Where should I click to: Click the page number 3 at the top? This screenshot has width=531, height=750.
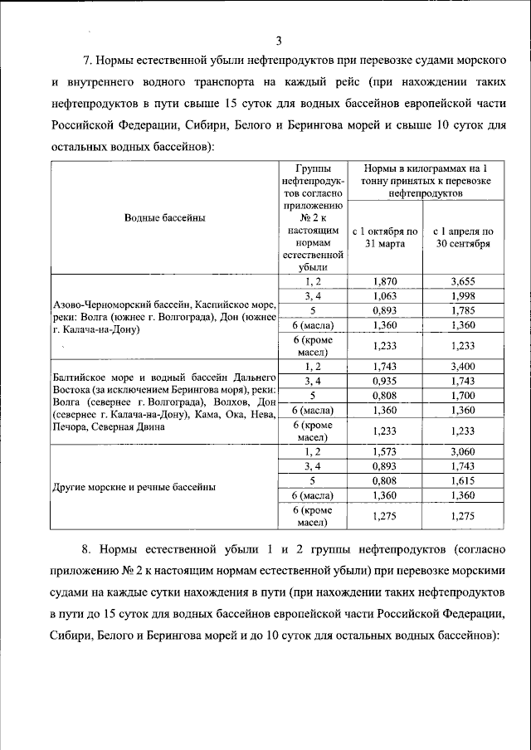(x=279, y=41)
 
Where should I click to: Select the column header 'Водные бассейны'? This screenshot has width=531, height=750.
(x=164, y=217)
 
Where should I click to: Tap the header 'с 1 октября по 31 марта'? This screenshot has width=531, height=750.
(x=385, y=237)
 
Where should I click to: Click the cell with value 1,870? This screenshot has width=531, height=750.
(x=385, y=282)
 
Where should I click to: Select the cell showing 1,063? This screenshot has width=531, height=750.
(x=385, y=296)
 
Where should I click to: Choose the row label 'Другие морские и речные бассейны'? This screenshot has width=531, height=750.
(x=133, y=487)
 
